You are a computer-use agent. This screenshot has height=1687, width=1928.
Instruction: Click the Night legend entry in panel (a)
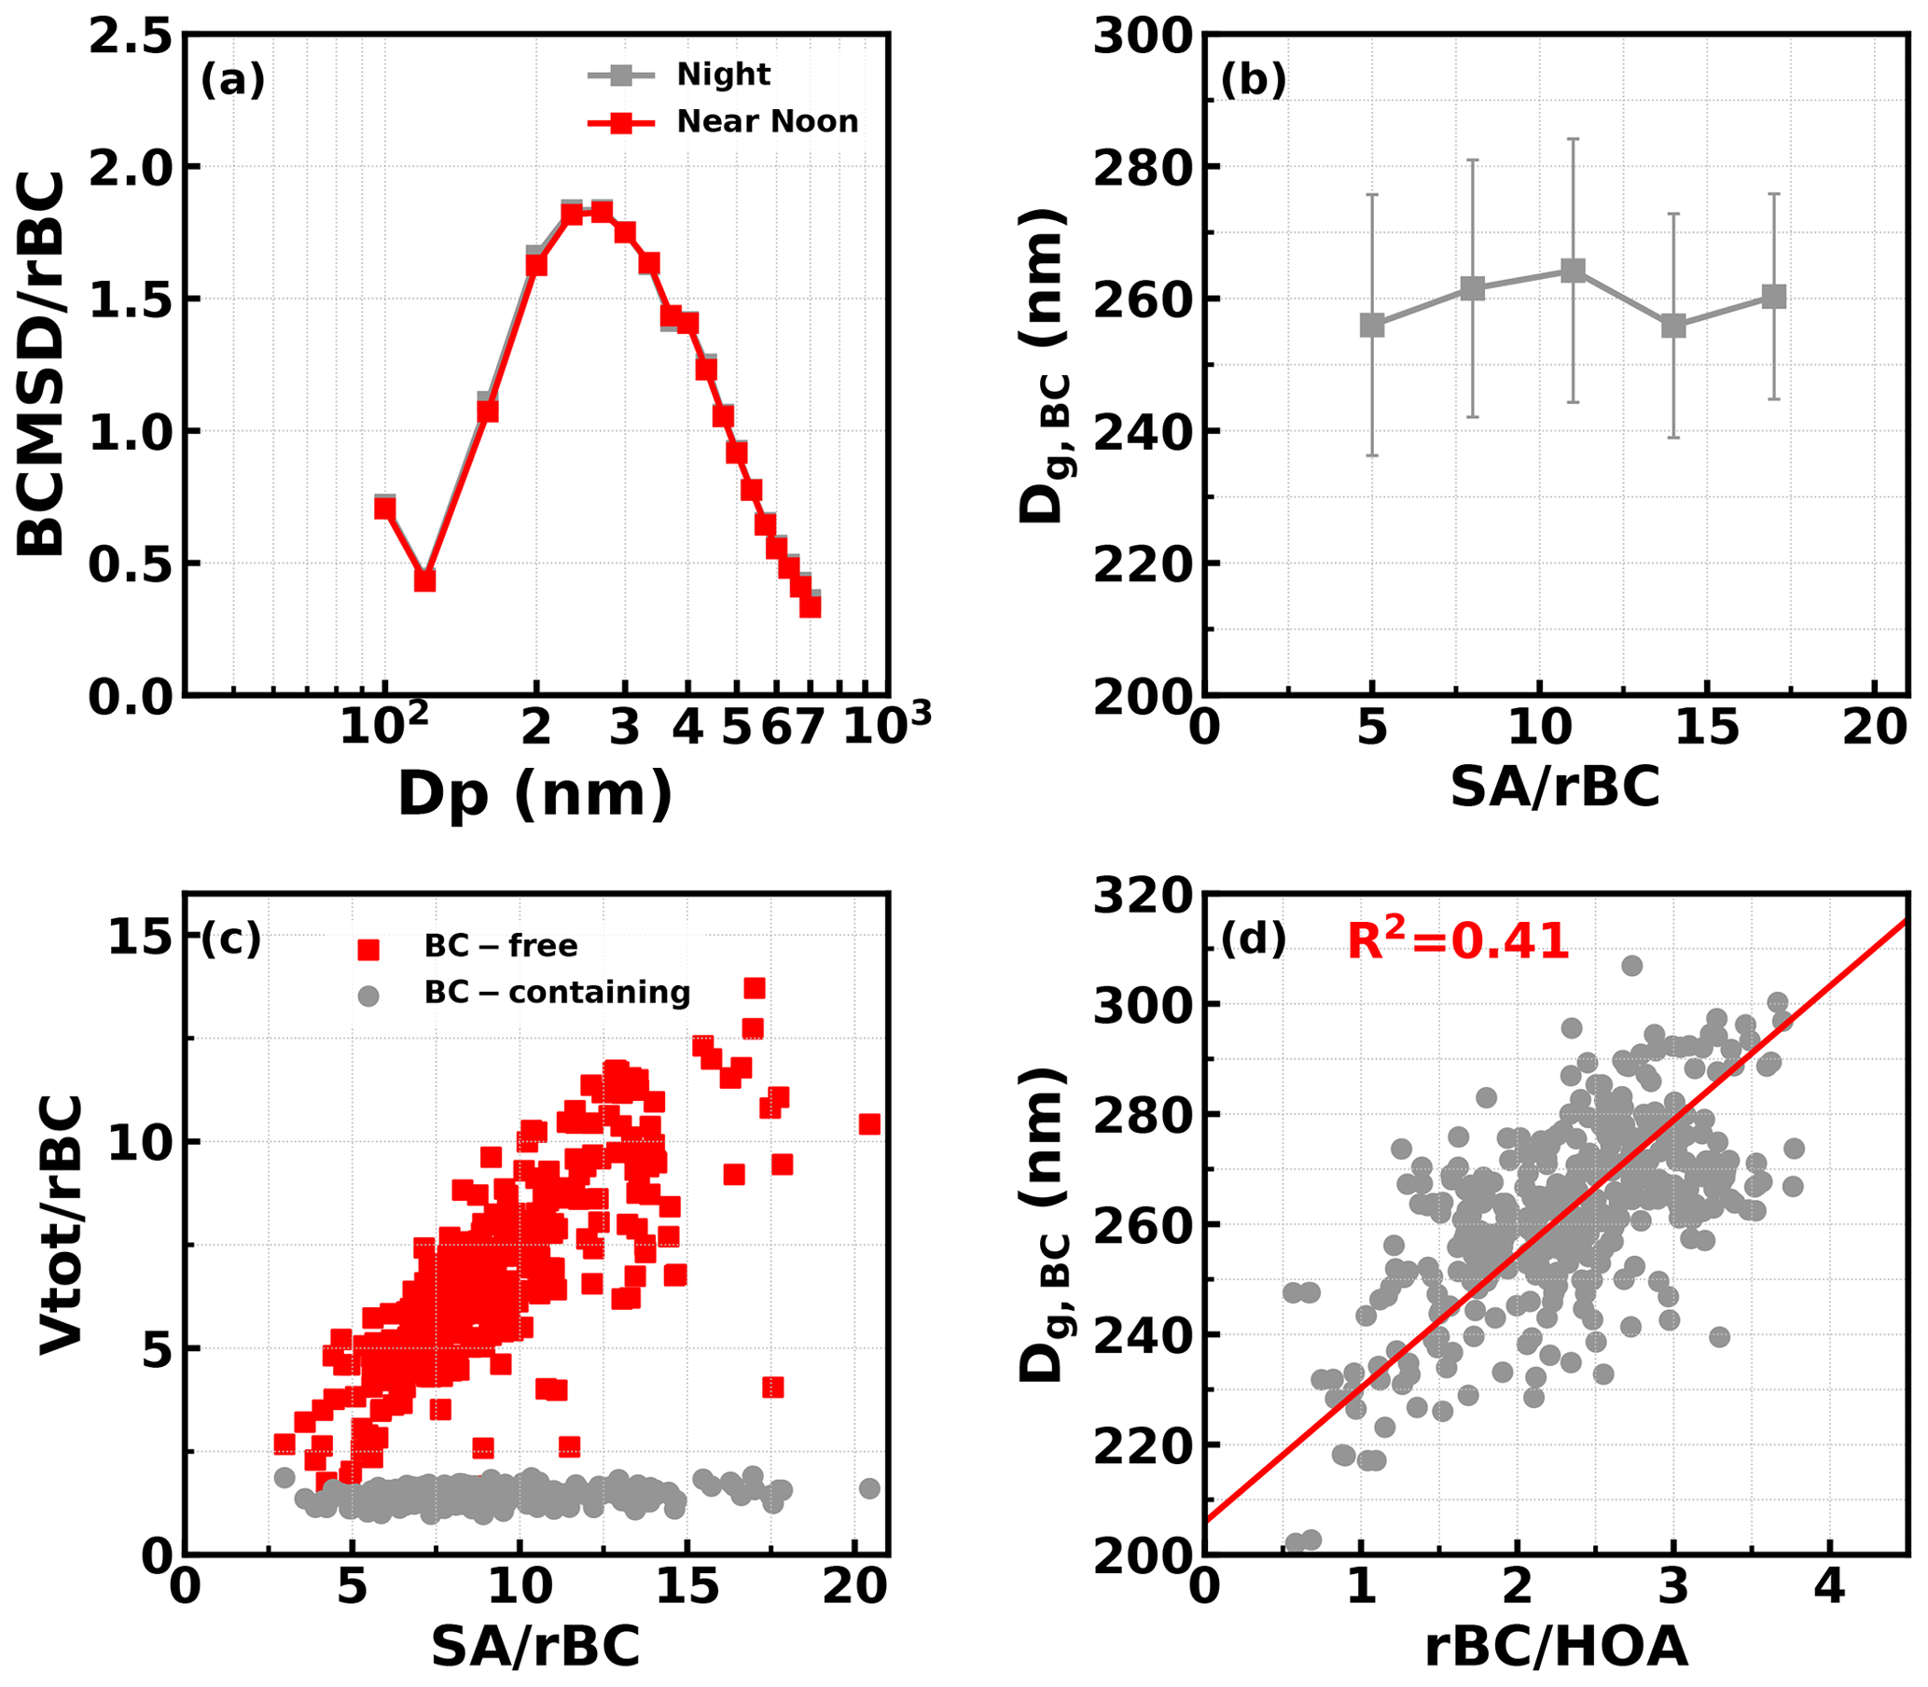723,75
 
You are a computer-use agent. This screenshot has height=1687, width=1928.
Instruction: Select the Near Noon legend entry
767,121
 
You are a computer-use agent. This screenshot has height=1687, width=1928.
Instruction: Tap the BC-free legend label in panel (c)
501,945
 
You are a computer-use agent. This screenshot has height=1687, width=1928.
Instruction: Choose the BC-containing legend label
557,992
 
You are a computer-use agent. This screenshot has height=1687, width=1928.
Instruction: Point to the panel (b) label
1253,81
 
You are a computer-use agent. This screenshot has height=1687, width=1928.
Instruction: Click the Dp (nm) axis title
535,793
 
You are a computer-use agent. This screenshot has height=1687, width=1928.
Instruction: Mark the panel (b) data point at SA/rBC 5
1372,325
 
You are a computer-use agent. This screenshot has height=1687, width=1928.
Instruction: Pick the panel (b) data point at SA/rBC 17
1774,297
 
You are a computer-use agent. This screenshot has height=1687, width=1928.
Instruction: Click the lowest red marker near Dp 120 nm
425,580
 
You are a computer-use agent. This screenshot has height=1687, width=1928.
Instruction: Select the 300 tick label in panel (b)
1143,35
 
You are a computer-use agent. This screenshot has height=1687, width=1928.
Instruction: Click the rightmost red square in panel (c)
869,1124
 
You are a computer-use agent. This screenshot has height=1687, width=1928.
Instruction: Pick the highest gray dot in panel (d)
1631,965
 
